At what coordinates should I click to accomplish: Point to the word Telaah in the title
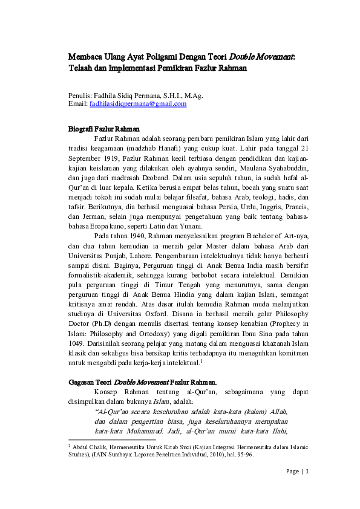click(79, 68)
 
